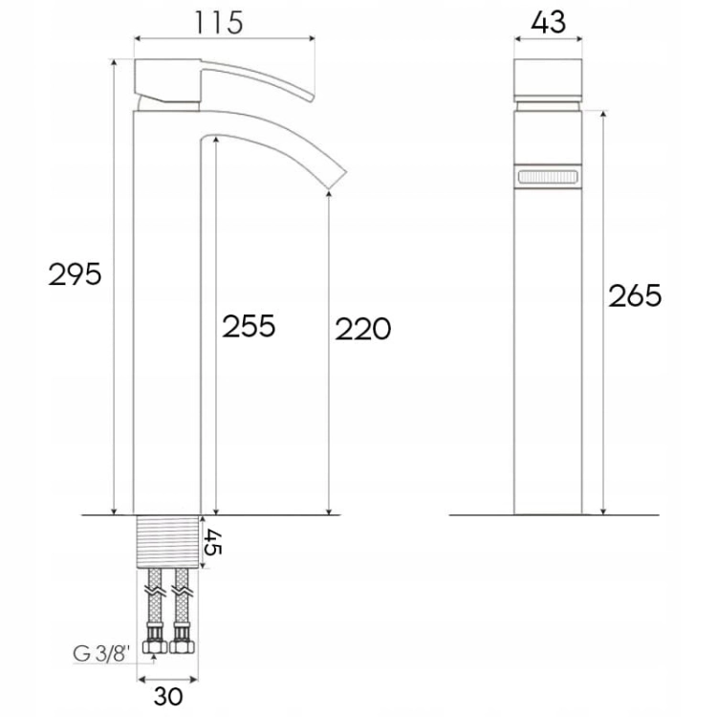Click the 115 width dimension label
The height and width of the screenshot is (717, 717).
click(x=219, y=22)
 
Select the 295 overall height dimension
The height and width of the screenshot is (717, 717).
click(x=75, y=274)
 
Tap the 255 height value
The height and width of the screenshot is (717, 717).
click(x=249, y=326)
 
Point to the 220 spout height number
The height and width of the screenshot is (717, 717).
click(x=363, y=328)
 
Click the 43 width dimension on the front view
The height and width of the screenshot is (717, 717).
click(x=549, y=22)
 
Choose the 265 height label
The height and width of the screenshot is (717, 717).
click(x=635, y=295)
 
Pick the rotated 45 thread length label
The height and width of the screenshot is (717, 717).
click(x=212, y=542)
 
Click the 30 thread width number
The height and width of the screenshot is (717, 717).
click(x=168, y=696)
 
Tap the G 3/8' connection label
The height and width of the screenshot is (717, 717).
click(x=99, y=654)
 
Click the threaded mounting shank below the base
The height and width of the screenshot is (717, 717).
click(x=168, y=541)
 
